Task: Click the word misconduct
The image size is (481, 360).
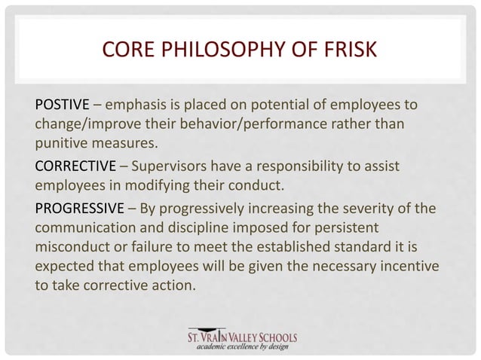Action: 72,246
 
